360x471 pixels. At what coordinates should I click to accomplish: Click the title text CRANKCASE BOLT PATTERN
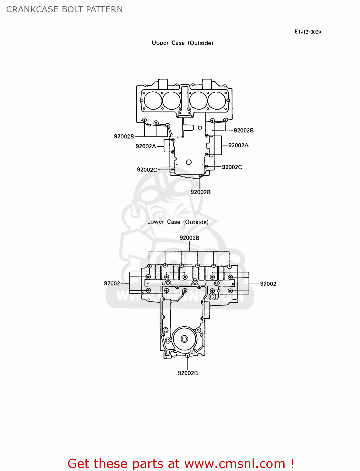pos(64,9)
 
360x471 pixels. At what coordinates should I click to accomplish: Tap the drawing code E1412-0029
pos(308,32)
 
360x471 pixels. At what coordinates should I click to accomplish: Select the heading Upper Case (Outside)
pos(182,43)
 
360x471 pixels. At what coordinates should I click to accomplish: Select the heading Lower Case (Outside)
pos(178,222)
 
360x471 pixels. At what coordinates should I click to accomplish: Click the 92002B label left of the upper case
pos(124,137)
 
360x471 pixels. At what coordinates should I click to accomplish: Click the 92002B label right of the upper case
pos(243,130)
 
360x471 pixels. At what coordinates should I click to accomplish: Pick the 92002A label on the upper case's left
pos(146,146)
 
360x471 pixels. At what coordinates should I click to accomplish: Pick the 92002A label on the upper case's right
pos(238,145)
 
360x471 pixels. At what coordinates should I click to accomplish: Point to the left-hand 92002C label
pos(147,170)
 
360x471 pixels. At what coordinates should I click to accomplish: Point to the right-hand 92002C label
pos(232,167)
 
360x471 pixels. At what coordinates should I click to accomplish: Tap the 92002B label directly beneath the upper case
pos(200,192)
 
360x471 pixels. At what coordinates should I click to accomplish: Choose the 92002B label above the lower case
pos(189,238)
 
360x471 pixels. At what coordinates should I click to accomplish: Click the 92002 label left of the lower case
pos(112,284)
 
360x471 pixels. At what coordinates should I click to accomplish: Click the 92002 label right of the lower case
pos(268,284)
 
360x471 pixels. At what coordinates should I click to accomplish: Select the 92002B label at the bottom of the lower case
pos(188,373)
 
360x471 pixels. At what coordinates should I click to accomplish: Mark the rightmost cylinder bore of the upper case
pos(217,100)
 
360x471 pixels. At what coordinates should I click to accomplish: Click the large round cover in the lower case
pos(184,339)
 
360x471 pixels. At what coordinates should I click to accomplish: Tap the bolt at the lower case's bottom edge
pos(188,356)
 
